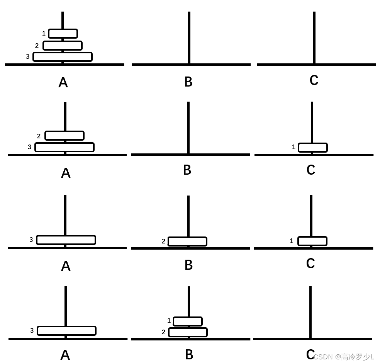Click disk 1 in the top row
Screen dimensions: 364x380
pyautogui.click(x=63, y=34)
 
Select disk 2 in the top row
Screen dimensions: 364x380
pyautogui.click(x=63, y=46)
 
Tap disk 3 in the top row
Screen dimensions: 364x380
pyautogui.click(x=63, y=57)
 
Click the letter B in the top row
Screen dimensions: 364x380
pyautogui.click(x=188, y=82)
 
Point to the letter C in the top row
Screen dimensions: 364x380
pyautogui.click(x=314, y=80)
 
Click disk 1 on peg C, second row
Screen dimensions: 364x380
pyautogui.click(x=312, y=148)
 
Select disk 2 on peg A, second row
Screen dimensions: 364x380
pyautogui.click(x=64, y=136)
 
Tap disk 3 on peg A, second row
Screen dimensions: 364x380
pyautogui.click(x=64, y=147)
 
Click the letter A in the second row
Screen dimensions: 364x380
pyautogui.click(x=66, y=173)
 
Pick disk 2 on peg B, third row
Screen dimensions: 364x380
pyautogui.click(x=187, y=242)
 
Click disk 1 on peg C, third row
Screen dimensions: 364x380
pyautogui.click(x=312, y=241)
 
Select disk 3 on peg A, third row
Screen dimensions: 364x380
pyautogui.click(x=66, y=240)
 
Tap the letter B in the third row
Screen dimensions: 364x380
pyautogui.click(x=188, y=265)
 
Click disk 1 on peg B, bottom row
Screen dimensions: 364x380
pyautogui.click(x=188, y=321)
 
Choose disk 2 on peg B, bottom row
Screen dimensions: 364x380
pyautogui.click(x=188, y=332)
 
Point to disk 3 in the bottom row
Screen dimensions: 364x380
pyautogui.click(x=66, y=331)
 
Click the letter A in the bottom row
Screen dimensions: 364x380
pyautogui.click(x=65, y=355)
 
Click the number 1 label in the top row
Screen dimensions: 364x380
pyautogui.click(x=44, y=34)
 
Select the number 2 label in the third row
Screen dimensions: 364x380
pyautogui.click(x=163, y=242)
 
